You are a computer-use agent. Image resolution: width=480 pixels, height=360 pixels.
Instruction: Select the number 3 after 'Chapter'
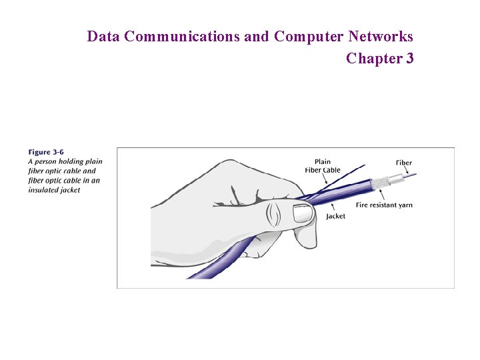pyautogui.click(x=409, y=59)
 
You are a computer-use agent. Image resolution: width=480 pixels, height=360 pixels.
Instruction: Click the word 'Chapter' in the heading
pyautogui.click(x=373, y=59)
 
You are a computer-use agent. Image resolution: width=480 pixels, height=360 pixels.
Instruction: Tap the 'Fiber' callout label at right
pyautogui.click(x=403, y=163)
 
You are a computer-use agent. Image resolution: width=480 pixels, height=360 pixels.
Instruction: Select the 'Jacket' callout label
pyautogui.click(x=335, y=216)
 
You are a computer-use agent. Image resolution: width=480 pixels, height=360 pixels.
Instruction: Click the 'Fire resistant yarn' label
pyautogui.click(x=384, y=205)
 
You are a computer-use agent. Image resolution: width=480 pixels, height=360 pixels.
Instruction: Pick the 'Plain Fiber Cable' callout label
pyautogui.click(x=323, y=166)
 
